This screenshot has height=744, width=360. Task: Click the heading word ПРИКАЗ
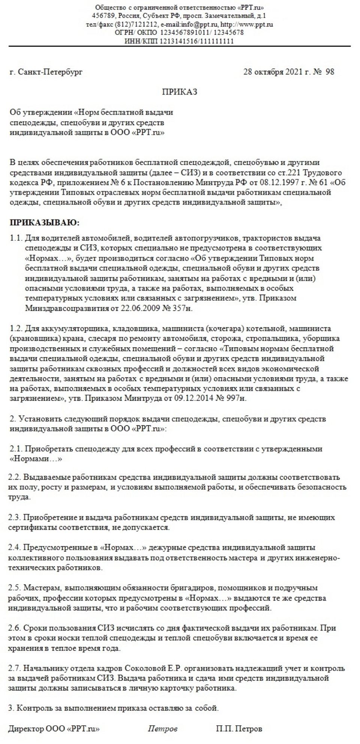[x=179, y=92]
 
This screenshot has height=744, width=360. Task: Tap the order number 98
[x=330, y=72]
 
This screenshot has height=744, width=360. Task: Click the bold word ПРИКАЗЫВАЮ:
[x=44, y=223]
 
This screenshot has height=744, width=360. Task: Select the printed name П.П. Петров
[x=239, y=729]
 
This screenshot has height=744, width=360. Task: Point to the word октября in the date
[x=269, y=72]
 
